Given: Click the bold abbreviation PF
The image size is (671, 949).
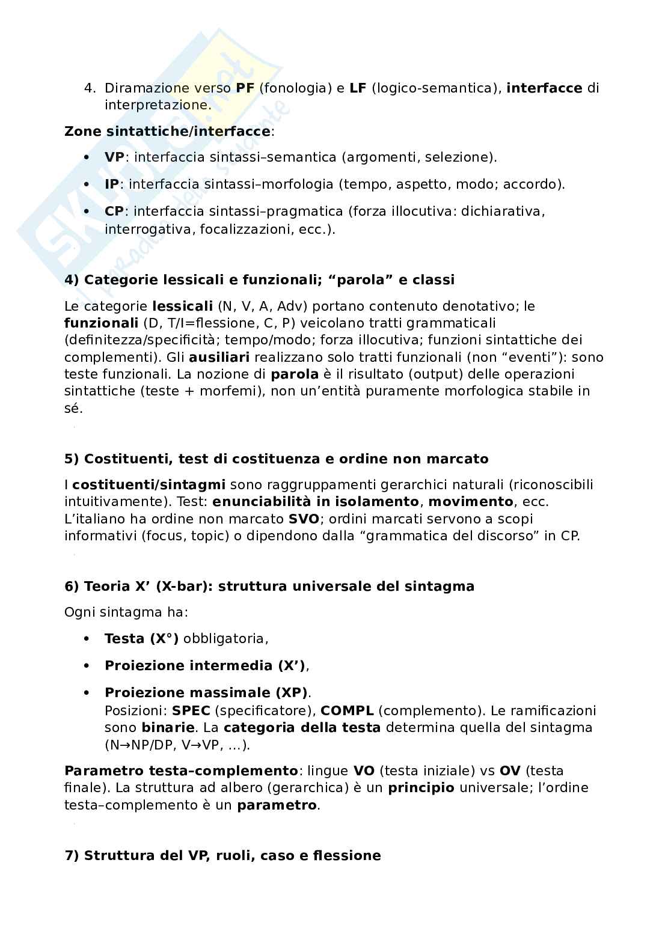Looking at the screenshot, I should [245, 88].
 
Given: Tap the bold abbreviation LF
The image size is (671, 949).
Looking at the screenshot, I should [358, 88].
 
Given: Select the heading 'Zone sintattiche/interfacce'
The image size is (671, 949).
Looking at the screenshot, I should [167, 132].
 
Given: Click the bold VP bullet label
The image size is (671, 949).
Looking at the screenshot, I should [115, 157].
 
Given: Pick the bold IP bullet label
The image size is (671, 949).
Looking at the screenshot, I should [112, 185].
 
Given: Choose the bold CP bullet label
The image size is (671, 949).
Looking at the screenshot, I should [114, 212].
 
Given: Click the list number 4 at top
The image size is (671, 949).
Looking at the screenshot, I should [90, 88].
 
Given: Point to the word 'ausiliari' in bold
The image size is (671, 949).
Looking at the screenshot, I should [219, 358].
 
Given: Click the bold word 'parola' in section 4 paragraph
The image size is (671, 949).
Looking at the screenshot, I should [295, 374].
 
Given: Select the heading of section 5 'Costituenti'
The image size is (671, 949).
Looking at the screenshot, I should [276, 459].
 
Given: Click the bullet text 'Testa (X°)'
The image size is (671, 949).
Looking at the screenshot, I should [141, 639].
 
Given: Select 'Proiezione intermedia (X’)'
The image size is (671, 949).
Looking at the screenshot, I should [205, 666].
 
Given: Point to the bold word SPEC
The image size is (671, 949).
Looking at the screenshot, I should [191, 711].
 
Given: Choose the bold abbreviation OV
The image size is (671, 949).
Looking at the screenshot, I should [509, 771].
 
